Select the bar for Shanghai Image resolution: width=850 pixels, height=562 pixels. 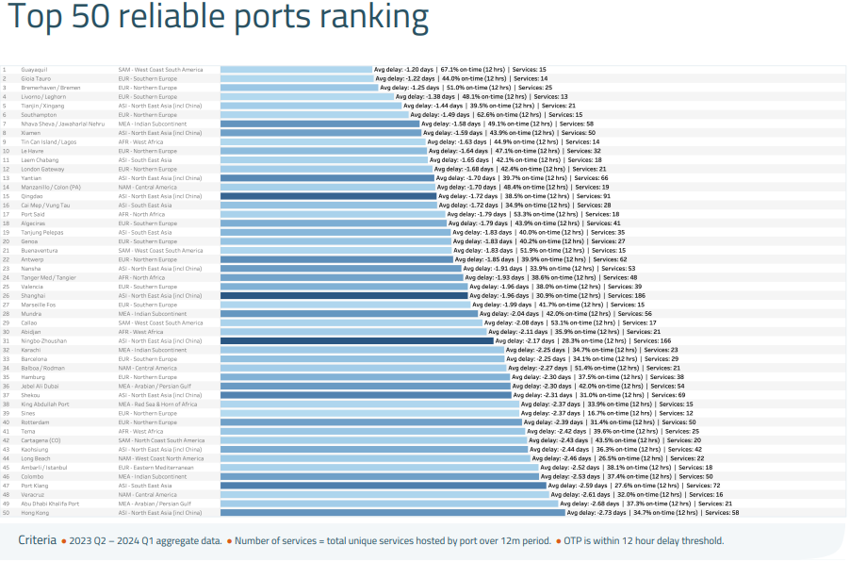pos(344,295)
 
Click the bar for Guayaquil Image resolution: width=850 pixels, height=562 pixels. pos(296,69)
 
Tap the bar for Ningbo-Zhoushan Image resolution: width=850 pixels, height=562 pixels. pos(358,340)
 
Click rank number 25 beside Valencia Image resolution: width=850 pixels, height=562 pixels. pos(5,286)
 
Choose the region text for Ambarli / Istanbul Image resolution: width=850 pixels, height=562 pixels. pos(156,467)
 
